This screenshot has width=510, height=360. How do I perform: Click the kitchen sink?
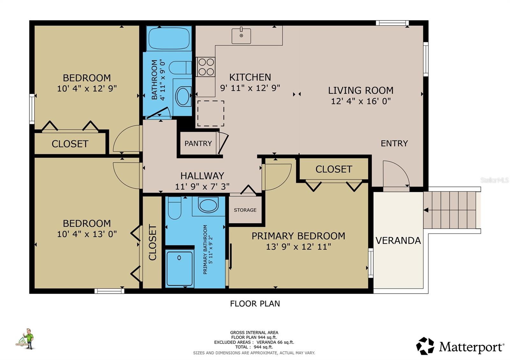[241, 35]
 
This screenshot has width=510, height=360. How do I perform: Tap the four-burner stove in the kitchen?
[206, 67]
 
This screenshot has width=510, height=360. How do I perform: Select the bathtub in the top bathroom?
[168, 39]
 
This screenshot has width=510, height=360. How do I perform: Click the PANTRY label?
[198, 143]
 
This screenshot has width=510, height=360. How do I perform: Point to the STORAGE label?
[245, 210]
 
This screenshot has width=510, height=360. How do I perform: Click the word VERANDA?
[398, 241]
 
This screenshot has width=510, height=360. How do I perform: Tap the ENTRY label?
[394, 143]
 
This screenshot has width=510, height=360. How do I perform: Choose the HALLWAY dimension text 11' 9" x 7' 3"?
[202, 186]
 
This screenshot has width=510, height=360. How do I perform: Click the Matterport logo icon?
[425, 346]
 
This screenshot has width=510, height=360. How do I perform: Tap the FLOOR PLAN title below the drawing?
[255, 304]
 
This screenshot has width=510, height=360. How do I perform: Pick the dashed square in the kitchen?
[210, 113]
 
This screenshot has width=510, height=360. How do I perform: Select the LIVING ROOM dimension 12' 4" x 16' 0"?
[361, 101]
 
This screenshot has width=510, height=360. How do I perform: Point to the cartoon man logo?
[28, 339]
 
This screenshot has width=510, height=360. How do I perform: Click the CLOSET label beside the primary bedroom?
[333, 169]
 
